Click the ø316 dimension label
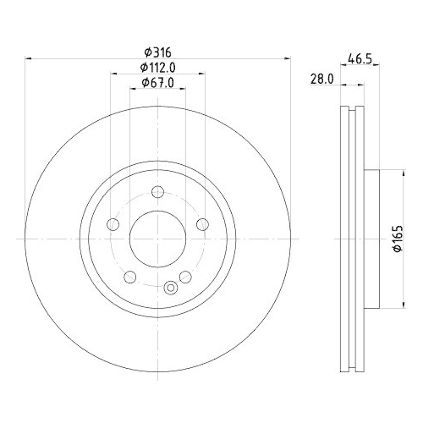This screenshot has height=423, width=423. coord(157,52)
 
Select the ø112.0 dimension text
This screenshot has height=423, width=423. coord(157,68)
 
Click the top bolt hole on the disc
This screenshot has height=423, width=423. coord(157,192)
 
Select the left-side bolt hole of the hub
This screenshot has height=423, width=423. coord(112,224)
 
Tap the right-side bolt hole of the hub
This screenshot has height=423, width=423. coord(201,223)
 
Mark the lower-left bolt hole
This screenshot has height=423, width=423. coord(129,277)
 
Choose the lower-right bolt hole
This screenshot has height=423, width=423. coord(184,277)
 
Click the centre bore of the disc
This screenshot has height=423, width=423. coord(157,239)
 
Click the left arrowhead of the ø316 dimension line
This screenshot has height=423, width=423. coord(30,58)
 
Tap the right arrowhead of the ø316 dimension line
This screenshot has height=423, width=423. coord(284,58)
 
